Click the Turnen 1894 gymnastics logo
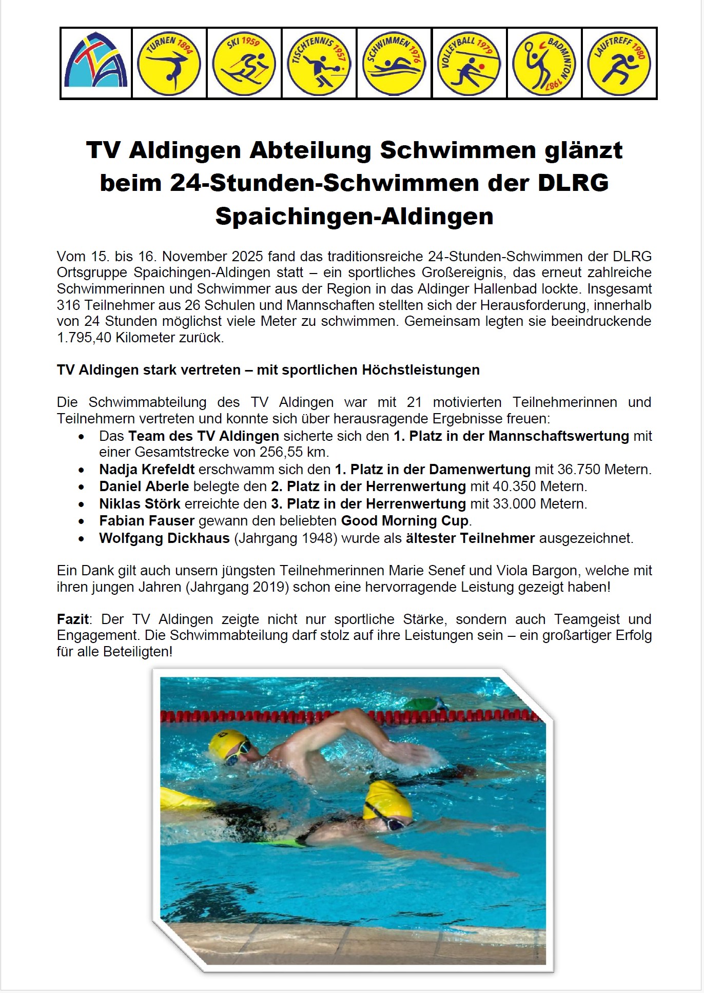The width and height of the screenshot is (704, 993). (169, 64)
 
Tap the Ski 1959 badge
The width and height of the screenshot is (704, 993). (244, 64)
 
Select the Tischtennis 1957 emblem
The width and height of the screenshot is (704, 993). (319, 64)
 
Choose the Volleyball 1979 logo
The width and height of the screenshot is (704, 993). (469, 64)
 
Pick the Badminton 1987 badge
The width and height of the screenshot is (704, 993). (544, 64)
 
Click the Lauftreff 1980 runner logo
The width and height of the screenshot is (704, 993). (619, 64)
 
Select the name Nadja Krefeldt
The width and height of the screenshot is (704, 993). (147, 470)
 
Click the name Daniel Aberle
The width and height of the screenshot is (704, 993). (144, 486)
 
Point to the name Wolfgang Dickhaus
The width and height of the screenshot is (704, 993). (164, 538)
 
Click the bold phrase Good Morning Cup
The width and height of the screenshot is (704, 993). (405, 521)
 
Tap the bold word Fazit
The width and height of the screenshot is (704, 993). (72, 619)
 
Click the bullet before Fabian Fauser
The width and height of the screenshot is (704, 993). (82, 521)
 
